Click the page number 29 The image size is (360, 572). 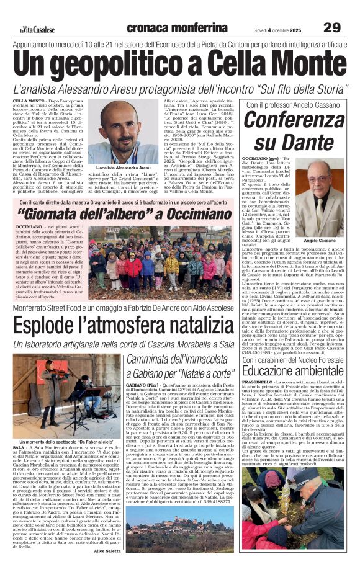click(x=332, y=27)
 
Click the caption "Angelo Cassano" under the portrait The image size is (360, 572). click(x=318, y=239)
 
